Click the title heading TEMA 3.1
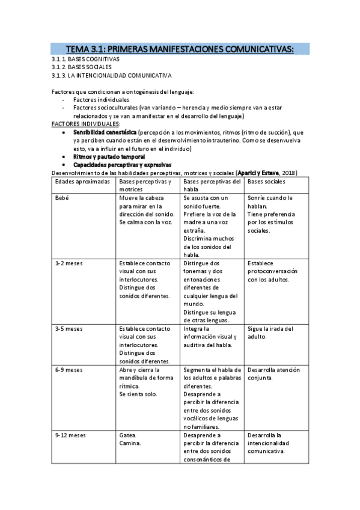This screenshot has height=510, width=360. point(180,49)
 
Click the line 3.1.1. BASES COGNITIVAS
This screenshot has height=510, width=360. point(86,60)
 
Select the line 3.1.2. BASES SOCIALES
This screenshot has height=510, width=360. point(82,67)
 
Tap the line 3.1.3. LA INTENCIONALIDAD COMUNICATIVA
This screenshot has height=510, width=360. point(112,76)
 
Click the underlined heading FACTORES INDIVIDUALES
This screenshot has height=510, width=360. point(85,123)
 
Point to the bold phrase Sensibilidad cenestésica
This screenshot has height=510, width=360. point(105,132)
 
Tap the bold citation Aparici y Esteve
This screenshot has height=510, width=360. point(262,173)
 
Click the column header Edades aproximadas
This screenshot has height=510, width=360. point(82,181)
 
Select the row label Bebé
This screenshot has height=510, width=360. point(63,198)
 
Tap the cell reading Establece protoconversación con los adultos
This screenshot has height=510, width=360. point(275,271)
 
